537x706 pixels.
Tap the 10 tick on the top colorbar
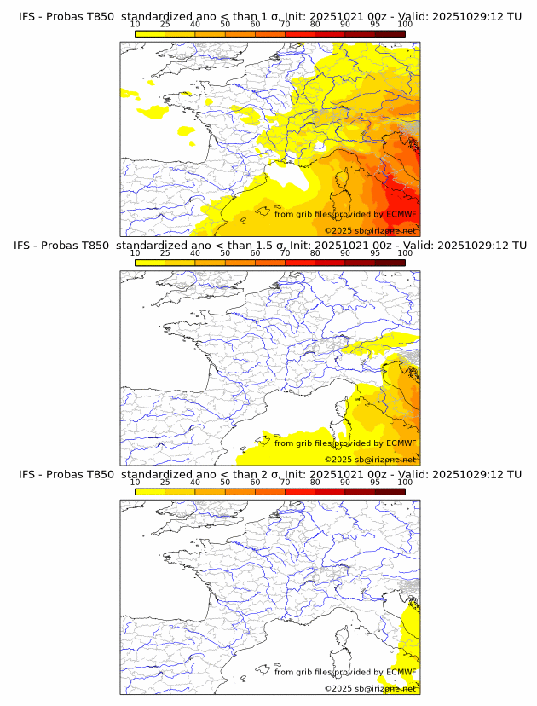tap(136, 24)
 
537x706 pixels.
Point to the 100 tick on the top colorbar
tap(405, 24)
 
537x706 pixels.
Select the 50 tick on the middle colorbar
tap(225, 253)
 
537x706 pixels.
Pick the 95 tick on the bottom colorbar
tap(375, 483)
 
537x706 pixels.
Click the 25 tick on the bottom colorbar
tap(165, 483)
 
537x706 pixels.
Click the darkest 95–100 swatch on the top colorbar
tap(390, 33)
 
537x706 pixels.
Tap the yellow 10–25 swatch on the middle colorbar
tap(150, 263)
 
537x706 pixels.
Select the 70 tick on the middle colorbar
tap(285, 253)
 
